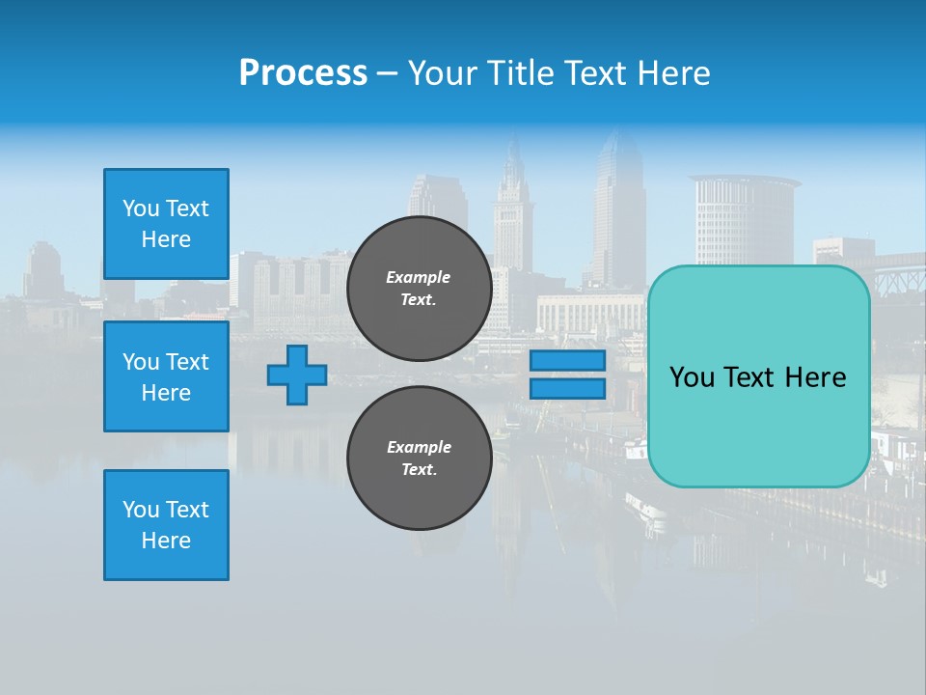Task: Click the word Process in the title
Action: click(x=303, y=73)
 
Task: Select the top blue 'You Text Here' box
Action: click(x=166, y=224)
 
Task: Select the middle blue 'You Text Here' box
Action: click(x=166, y=376)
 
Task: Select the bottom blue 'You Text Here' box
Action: click(x=166, y=525)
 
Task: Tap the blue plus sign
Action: click(x=297, y=375)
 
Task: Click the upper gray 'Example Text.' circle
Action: click(x=419, y=288)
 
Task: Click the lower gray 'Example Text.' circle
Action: click(x=419, y=459)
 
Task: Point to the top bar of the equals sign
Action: click(x=567, y=361)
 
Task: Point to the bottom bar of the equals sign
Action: click(x=567, y=389)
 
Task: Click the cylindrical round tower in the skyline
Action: click(x=741, y=218)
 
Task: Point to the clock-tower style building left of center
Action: click(x=512, y=212)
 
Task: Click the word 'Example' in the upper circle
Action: click(x=419, y=277)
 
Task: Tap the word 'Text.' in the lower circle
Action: click(x=419, y=470)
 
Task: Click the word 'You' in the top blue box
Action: click(x=141, y=208)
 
